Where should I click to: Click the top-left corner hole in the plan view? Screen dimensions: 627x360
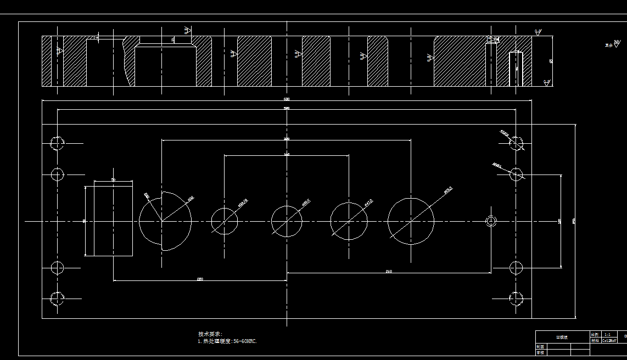click(57, 143)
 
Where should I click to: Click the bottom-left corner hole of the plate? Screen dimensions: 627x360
click(57, 299)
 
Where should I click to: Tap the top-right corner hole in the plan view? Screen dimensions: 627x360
click(516, 143)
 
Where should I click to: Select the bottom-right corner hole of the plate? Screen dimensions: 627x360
click(516, 299)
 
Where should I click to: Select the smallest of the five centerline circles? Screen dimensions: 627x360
click(225, 221)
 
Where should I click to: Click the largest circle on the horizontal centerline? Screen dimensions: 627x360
click(411, 221)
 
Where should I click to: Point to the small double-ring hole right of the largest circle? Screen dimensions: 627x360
click(491, 221)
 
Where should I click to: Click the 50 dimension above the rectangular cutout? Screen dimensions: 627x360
click(113, 179)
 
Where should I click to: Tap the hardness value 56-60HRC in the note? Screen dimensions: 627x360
click(245, 341)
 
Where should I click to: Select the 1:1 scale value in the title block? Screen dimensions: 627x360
click(607, 334)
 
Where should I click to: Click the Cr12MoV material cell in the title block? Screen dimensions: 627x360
click(610, 340)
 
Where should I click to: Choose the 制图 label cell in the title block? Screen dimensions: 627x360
click(540, 347)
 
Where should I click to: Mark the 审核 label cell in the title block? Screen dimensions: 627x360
click(540, 353)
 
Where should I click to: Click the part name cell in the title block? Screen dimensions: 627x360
click(562, 337)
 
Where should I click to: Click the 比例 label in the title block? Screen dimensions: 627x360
click(595, 334)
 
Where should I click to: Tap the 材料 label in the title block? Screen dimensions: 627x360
click(595, 340)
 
